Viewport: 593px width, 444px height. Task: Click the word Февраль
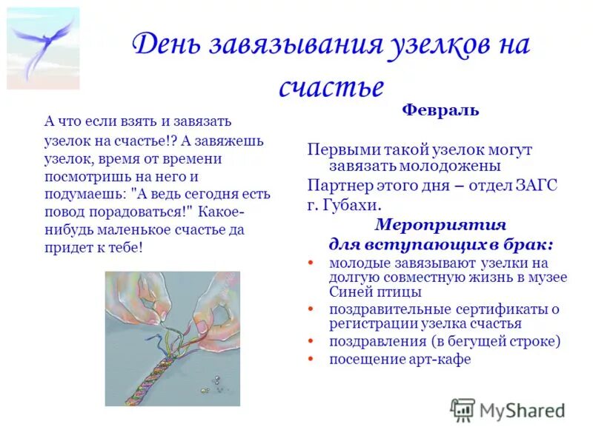pyautogui.click(x=440, y=111)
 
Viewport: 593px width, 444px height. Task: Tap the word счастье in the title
pyautogui.click(x=331, y=87)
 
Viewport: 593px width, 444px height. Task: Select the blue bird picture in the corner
pyautogui.click(x=43, y=48)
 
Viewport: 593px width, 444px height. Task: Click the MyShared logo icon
pyautogui.click(x=463, y=410)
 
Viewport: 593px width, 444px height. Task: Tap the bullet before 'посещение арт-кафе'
pyautogui.click(x=310, y=360)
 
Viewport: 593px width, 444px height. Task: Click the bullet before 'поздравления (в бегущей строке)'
pyautogui.click(x=310, y=342)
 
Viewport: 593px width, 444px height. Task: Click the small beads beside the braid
pyautogui.click(x=215, y=383)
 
